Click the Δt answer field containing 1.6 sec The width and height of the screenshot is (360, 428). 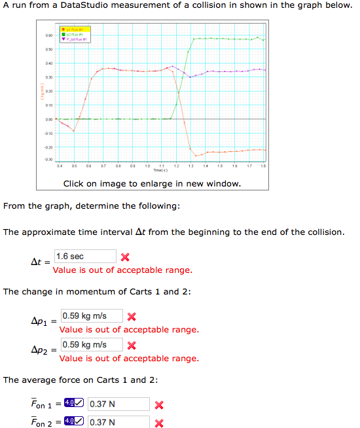pyautogui.click(x=85, y=257)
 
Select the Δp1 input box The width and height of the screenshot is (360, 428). pyautogui.click(x=92, y=316)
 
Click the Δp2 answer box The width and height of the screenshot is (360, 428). pyautogui.click(x=92, y=345)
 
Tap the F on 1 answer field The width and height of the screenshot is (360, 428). pyautogui.click(x=118, y=404)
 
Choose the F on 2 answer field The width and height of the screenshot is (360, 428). pyautogui.click(x=118, y=422)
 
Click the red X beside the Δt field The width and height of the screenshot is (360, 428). pyautogui.click(x=125, y=257)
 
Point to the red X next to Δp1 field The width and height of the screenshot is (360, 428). pyautogui.click(x=132, y=317)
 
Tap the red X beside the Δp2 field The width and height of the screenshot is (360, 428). pyautogui.click(x=132, y=346)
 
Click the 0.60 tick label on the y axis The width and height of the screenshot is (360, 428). pyautogui.click(x=48, y=35)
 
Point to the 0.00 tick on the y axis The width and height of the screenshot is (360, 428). pyautogui.click(x=48, y=119)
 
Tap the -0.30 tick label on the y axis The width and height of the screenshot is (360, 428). pyautogui.click(x=48, y=160)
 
